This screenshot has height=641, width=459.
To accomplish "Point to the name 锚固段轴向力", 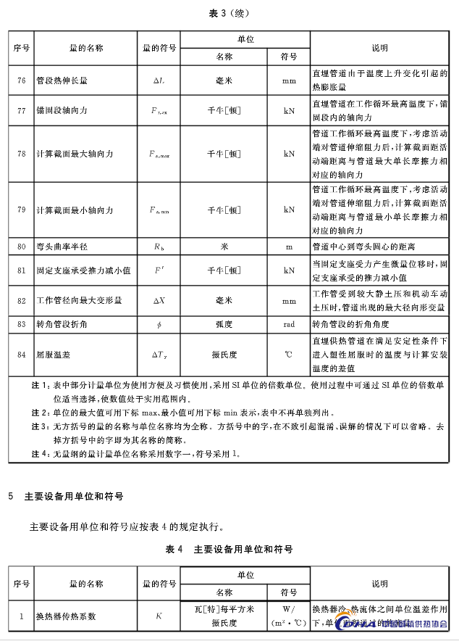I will pos(62,110).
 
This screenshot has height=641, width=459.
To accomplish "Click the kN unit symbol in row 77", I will pos(289,110).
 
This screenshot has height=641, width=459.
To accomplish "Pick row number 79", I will pos(21,210).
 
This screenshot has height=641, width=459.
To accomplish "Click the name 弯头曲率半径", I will pos(63,247).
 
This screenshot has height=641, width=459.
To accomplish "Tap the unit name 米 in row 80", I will pos(224,247).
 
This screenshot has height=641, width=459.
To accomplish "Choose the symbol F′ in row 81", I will pos(159,270).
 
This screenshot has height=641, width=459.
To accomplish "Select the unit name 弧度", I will pos(224,323).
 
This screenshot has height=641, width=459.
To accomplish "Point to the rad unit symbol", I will pos(289,323).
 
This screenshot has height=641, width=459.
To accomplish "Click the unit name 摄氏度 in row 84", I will pos(224,355).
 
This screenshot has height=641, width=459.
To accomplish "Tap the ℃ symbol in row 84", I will pos(289,355).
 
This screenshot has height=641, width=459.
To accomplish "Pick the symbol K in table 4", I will pos(159,617).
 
